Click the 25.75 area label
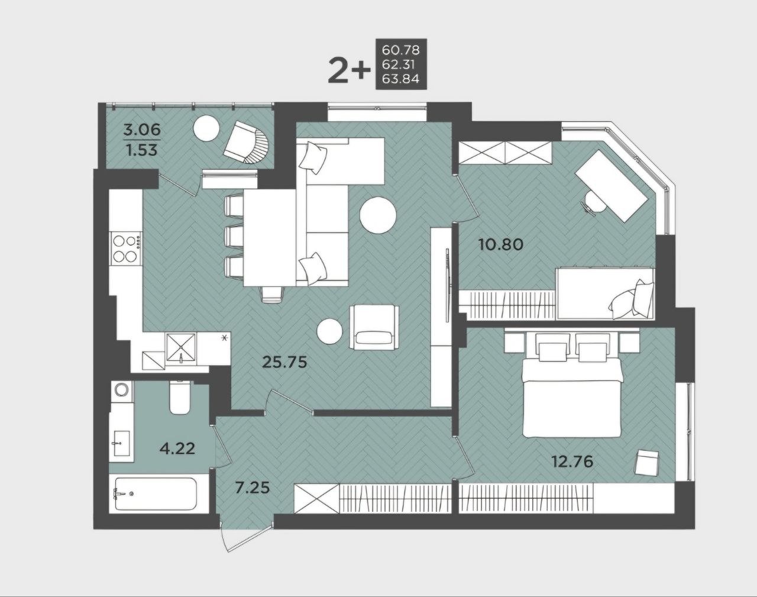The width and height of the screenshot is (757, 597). pyautogui.click(x=285, y=362)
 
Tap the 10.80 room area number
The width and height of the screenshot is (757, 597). pyautogui.click(x=501, y=244)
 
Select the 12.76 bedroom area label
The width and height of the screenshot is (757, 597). pyautogui.click(x=572, y=462)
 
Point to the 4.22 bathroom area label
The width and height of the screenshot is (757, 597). pyautogui.click(x=177, y=449)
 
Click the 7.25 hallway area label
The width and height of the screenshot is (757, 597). pyautogui.click(x=253, y=488)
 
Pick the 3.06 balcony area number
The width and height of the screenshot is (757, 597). pyautogui.click(x=142, y=130)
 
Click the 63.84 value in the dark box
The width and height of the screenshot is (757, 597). pyautogui.click(x=400, y=79)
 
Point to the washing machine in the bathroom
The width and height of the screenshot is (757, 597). pyautogui.click(x=122, y=391)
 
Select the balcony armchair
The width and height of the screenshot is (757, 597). pyautogui.click(x=247, y=142)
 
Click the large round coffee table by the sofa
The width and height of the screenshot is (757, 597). pyautogui.click(x=378, y=215)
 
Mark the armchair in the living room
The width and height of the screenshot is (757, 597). pyautogui.click(x=374, y=327)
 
